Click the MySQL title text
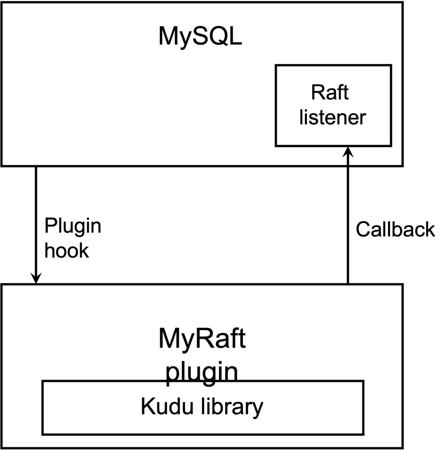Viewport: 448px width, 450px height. (200, 37)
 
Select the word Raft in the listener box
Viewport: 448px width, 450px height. (330, 92)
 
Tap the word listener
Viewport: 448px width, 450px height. (332, 117)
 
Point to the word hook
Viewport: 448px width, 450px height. (67, 250)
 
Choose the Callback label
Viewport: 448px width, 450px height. (395, 229)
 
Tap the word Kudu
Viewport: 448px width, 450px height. (167, 406)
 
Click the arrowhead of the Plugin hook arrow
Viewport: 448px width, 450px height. (36, 278)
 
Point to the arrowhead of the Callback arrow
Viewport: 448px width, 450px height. (348, 152)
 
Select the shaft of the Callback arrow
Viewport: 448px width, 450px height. (348, 215)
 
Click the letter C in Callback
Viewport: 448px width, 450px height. (363, 229)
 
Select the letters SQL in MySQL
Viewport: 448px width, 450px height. (218, 36)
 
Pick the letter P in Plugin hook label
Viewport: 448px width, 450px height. (51, 226)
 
